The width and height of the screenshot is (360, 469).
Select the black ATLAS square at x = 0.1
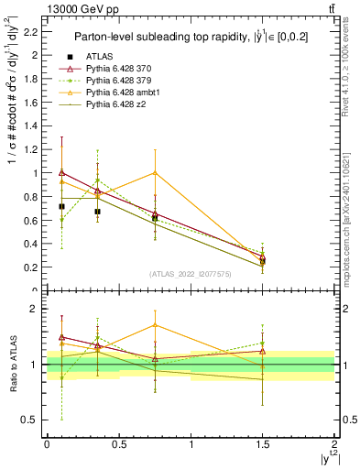(x=61, y=206)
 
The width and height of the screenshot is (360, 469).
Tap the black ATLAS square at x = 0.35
(x=97, y=211)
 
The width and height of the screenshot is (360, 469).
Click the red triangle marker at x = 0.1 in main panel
(x=61, y=171)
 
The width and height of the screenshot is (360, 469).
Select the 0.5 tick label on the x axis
(x=118, y=442)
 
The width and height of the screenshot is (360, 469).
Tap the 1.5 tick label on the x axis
(x=262, y=442)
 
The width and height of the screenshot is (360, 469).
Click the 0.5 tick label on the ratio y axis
(x=31, y=420)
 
